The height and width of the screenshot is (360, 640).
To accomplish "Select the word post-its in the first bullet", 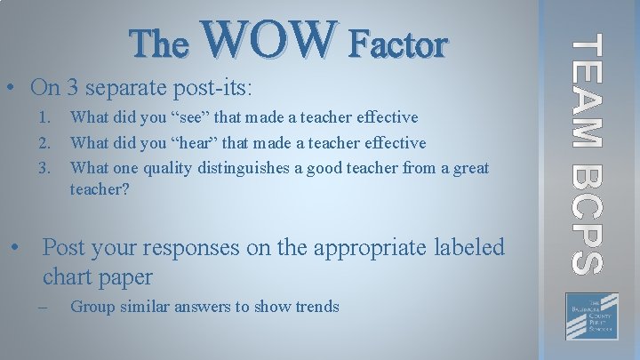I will (x=219, y=89).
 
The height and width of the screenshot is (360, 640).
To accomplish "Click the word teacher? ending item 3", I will (x=99, y=190).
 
